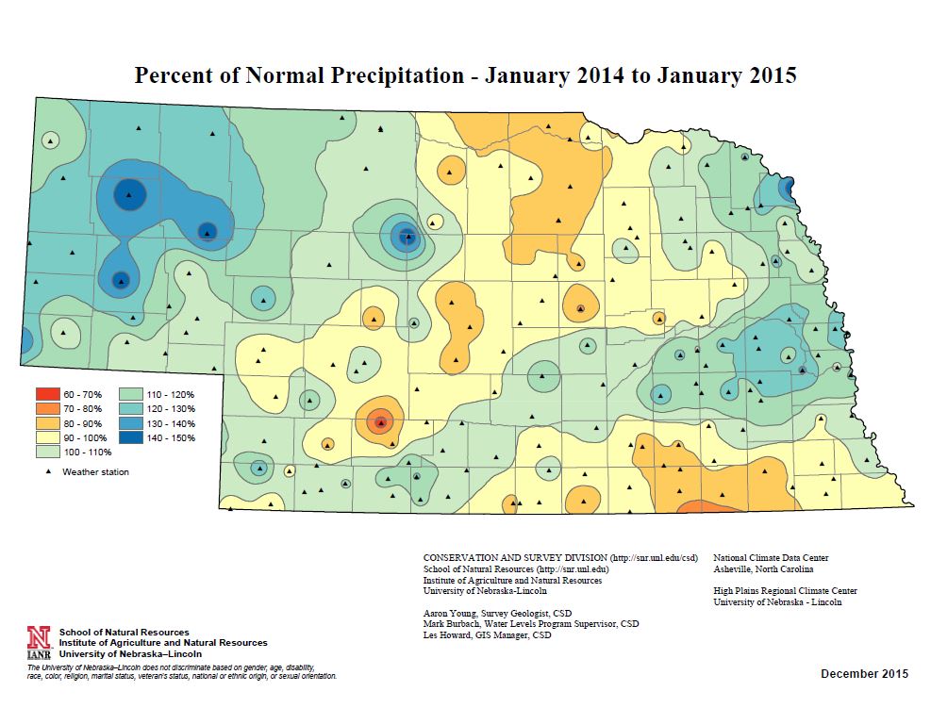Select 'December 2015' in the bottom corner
[864, 673]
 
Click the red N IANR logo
[39, 642]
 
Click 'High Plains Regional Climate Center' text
[785, 591]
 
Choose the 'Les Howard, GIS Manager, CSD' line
[487, 635]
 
